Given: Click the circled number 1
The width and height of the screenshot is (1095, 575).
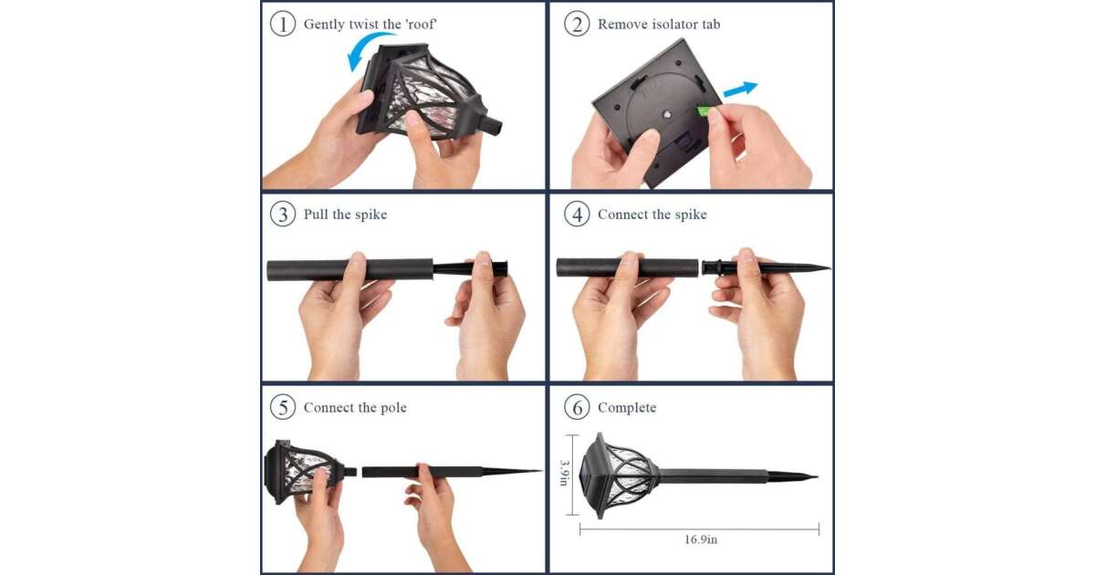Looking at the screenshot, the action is [283, 24].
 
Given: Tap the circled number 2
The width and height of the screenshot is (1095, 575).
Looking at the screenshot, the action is [577, 24].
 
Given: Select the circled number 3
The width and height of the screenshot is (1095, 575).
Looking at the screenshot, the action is [283, 214].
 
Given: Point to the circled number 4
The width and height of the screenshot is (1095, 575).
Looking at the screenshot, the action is [577, 214].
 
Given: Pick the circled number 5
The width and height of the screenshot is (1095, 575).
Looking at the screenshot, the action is [283, 407].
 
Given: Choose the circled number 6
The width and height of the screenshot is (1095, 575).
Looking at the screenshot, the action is [577, 407].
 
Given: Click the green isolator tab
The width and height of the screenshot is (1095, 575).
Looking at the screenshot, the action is [704, 111].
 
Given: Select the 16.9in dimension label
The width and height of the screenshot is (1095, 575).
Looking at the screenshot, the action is [701, 539].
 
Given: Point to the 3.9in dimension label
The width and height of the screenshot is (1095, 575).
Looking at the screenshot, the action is [564, 473].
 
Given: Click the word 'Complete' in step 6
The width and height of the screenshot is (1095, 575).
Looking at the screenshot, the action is [627, 408].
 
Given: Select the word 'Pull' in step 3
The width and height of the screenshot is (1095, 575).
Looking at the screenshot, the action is [316, 214].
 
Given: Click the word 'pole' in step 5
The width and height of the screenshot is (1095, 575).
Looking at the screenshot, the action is [393, 408].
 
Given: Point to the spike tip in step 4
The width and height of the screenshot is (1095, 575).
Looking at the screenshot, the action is [829, 267].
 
